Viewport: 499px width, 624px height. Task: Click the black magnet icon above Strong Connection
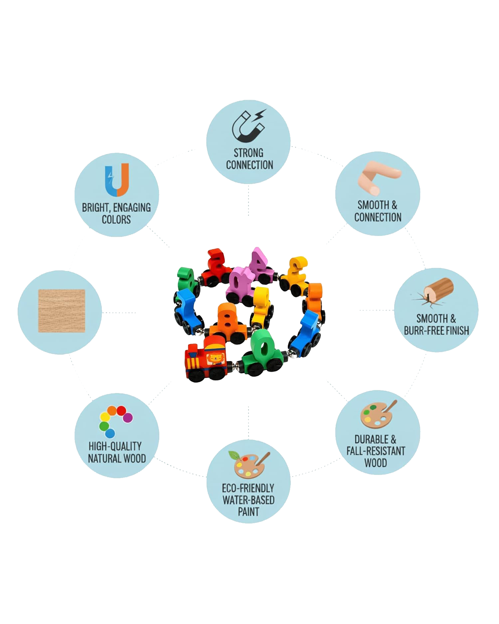[x=249, y=126]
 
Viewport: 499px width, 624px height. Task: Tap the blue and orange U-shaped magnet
[x=117, y=180]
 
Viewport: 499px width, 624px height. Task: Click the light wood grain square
[x=62, y=311]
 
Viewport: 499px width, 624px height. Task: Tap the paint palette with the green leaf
[x=249, y=464]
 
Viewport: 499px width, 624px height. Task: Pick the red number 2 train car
[x=216, y=268]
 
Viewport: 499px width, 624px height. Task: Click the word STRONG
[x=249, y=153]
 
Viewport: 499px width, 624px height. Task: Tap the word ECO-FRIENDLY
[x=248, y=488]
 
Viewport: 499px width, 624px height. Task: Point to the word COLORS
[x=116, y=220]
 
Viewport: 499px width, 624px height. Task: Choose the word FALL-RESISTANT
[x=376, y=451]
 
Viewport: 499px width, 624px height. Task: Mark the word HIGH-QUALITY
[x=115, y=446]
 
